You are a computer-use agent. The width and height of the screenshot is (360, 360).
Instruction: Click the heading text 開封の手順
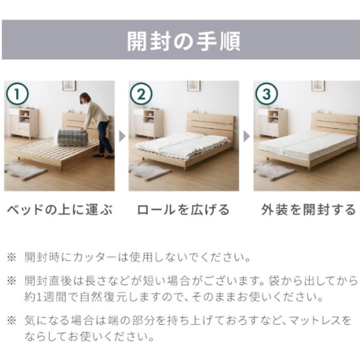point(183,42)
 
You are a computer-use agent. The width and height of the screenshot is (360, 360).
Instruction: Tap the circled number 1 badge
point(17,94)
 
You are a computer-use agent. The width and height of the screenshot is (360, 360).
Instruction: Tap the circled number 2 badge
point(141,94)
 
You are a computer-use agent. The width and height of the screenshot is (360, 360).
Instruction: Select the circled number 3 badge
point(266,94)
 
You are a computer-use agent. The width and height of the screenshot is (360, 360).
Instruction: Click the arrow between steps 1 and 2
point(122,137)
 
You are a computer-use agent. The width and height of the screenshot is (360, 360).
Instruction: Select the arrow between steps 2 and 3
point(247,137)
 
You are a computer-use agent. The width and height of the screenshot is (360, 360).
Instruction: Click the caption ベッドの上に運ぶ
point(60,210)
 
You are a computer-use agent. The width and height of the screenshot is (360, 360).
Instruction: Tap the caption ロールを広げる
point(183,210)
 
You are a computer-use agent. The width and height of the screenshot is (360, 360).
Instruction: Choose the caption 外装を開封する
point(308,210)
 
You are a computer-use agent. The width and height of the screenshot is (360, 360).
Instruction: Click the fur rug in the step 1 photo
point(25,171)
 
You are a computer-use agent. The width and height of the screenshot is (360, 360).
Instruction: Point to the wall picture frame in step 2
point(194,86)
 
